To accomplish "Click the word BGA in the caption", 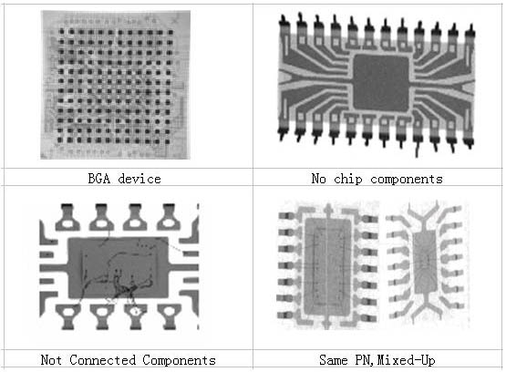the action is pos(99,179).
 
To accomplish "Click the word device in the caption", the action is pos(139,179).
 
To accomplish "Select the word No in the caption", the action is pos(318,179).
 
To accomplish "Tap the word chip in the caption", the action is pos(348,179).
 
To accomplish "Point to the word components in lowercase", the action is pos(407,180).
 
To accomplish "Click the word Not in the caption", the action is pos(51,360).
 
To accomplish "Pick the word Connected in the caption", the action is pos(103,360).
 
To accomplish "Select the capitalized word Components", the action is pos(179,360).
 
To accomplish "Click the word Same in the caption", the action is pos(334,360).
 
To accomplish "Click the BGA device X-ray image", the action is pos(115,85).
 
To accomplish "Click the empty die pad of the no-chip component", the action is pos(381,83).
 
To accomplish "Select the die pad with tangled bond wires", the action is pos(119,267).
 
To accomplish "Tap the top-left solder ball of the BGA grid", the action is pos(61,31).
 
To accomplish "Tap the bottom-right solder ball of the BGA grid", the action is pos(167,141).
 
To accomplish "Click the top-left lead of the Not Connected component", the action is pos(67,217).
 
